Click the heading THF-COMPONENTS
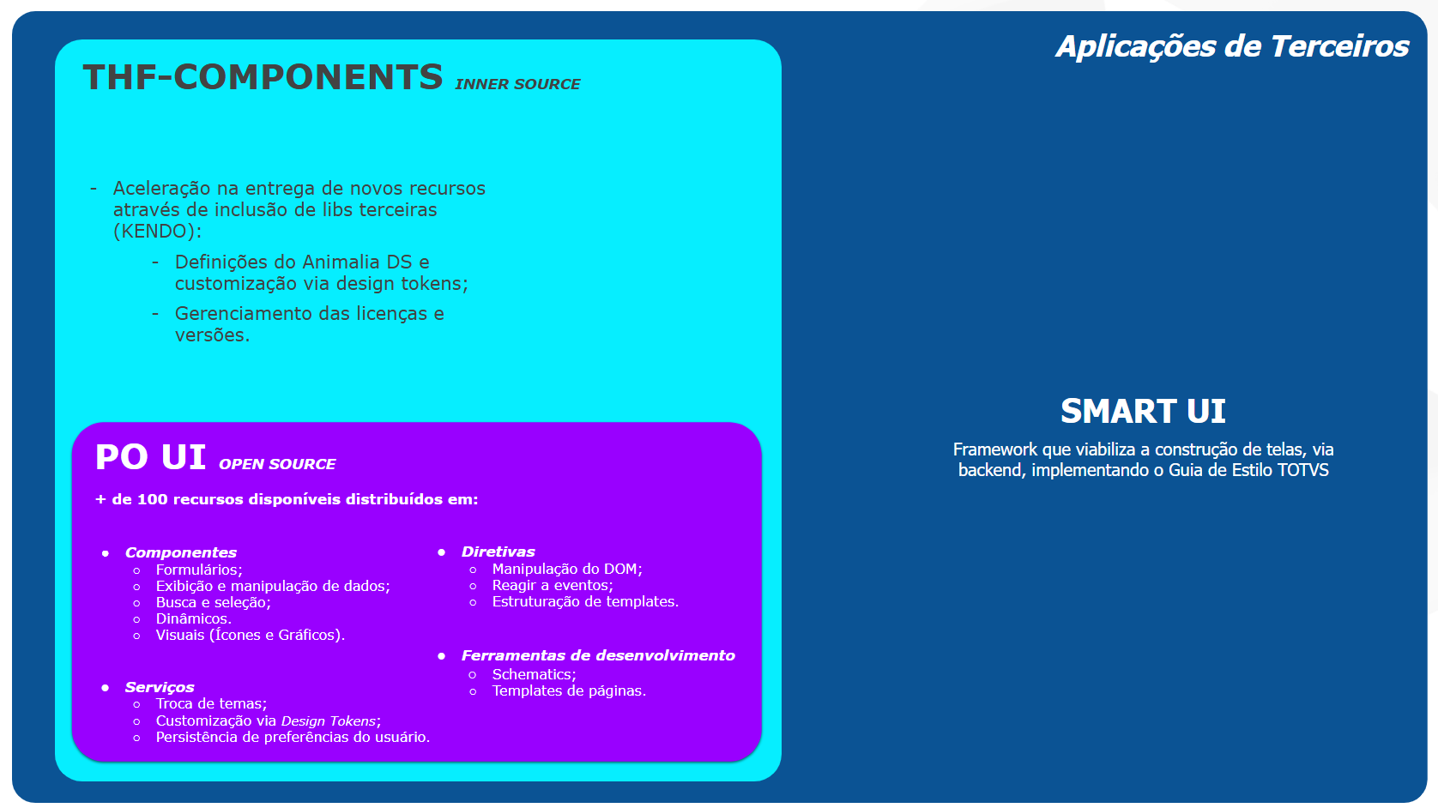tap(263, 77)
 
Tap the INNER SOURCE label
tap(517, 84)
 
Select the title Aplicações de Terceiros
tap(1232, 47)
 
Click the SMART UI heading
tap(1143, 411)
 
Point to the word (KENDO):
tap(157, 231)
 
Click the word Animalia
tap(341, 262)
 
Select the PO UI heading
tap(151, 457)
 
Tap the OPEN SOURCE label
tap(277, 464)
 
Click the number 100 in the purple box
tap(152, 499)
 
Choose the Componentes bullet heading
tap(181, 552)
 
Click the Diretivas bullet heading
tap(498, 552)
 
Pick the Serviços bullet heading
tap(160, 687)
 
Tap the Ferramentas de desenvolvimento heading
tap(598, 655)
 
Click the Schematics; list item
tap(535, 674)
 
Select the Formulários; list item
tap(199, 570)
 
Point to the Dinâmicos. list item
tap(194, 618)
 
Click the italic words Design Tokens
tap(329, 721)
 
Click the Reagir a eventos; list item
tap(553, 585)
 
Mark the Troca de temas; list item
tap(211, 704)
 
